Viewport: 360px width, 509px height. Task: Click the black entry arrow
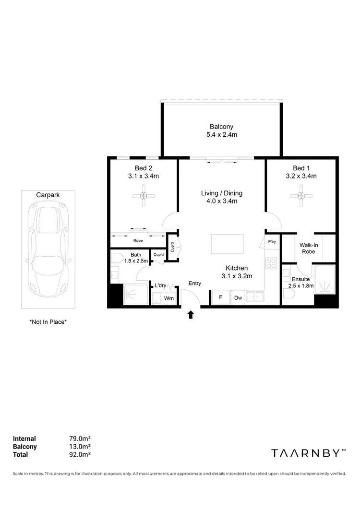[191, 315]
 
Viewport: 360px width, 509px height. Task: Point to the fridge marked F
[220, 297]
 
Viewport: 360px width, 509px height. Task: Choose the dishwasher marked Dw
[238, 297]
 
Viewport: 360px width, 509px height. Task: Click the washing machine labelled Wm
[168, 298]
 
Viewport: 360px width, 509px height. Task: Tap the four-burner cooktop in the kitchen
[271, 263]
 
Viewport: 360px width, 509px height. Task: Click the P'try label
[272, 242]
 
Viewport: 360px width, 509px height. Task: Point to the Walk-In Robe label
[309, 248]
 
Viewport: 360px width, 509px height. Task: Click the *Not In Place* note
[48, 322]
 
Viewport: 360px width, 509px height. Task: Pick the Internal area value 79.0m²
[80, 438]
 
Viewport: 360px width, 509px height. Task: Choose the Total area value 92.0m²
[80, 454]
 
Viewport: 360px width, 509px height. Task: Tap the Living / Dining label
[222, 197]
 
